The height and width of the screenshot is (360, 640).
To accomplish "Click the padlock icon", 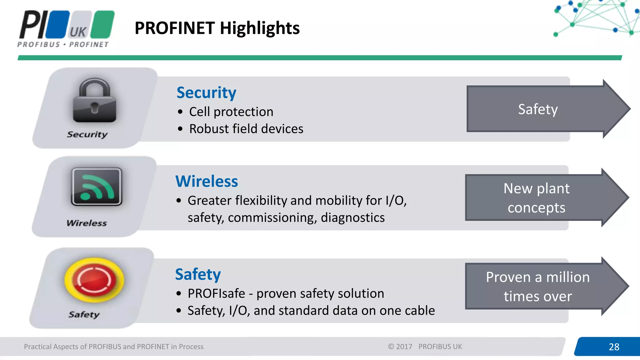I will (94, 101).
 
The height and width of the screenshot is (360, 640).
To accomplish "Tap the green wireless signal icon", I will (97, 187).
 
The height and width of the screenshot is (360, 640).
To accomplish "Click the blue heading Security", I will (206, 93).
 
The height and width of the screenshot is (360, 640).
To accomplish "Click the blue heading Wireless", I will (207, 182).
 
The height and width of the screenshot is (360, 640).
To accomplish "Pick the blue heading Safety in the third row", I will (198, 274).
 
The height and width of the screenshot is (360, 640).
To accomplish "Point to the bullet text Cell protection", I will (231, 112).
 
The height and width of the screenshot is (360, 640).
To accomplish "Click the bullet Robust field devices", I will (246, 129).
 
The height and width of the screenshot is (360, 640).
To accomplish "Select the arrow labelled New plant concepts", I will (537, 198).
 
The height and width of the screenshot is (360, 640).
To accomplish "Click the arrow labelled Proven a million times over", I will (537, 286).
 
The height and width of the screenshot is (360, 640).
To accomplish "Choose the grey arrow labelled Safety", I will (537, 109).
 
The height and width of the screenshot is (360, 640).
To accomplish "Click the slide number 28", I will (614, 347).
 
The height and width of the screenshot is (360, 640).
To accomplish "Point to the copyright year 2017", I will (404, 347).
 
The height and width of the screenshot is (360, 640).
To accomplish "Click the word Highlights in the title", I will (260, 28).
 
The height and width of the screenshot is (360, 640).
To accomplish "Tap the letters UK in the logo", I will (78, 32).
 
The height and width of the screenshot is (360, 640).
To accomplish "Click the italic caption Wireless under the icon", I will (87, 223).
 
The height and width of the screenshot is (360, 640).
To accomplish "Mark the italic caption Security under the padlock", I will (87, 134).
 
